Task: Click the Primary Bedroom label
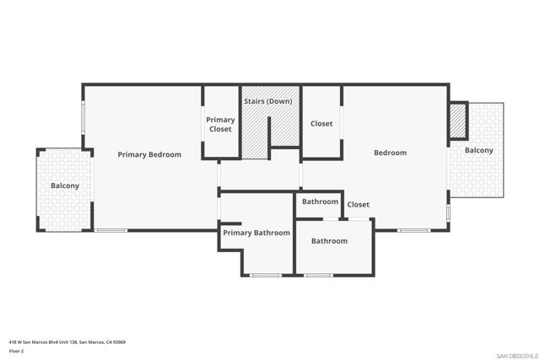coord(149,154)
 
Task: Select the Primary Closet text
coord(220,124)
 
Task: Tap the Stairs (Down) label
coord(268,101)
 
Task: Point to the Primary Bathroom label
coord(256,233)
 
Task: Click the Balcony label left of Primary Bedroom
coord(65,185)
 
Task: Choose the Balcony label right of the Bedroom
coord(478,150)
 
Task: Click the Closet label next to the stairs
coord(321,124)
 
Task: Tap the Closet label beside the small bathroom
coord(358,204)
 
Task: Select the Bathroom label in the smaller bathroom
coord(320,201)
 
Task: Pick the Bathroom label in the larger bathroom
coord(329,241)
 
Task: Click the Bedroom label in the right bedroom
coord(390,153)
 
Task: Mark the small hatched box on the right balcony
coord(458,121)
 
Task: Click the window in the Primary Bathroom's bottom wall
coord(266,275)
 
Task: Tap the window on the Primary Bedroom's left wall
coord(83,117)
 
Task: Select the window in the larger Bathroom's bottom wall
coord(318,275)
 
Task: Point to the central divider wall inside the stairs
coord(269,137)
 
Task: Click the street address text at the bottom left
coord(67,342)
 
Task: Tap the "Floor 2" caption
coord(16,351)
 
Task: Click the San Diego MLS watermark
coord(517,356)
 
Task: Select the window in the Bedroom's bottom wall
coord(413,230)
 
